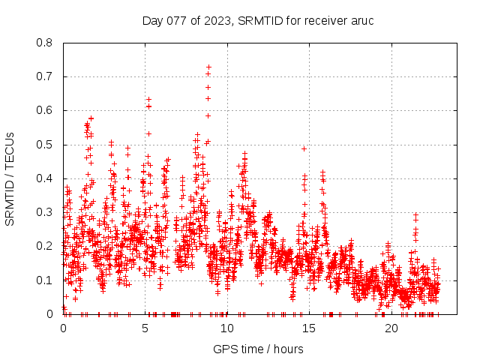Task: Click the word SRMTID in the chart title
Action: [256, 20]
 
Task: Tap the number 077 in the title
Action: [178, 20]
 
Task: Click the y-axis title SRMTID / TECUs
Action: [10, 178]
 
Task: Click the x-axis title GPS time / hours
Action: [258, 349]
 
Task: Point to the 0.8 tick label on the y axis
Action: [45, 43]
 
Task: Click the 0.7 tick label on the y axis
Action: [45, 76]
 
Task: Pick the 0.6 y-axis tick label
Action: [45, 110]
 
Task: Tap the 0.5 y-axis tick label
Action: [45, 145]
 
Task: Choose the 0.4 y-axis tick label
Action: [45, 178]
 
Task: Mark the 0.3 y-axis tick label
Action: [45, 212]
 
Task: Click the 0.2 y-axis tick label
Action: [45, 246]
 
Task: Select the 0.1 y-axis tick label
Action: [45, 280]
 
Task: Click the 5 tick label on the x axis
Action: [145, 328]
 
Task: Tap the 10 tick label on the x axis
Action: [226, 328]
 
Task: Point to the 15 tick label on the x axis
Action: [309, 328]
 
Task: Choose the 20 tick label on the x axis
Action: [391, 328]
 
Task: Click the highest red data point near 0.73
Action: [208, 67]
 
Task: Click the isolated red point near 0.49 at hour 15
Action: [304, 148]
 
